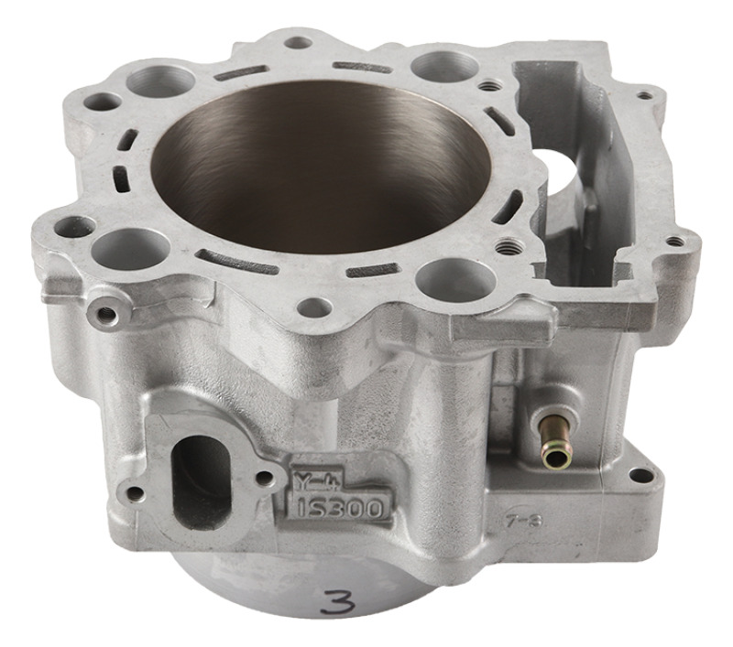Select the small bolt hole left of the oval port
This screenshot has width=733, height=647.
[135, 494]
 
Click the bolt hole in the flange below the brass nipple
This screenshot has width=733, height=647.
[642, 475]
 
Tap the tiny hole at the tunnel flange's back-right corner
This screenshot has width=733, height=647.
[645, 94]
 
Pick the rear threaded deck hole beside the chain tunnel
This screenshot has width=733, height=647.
[493, 84]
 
